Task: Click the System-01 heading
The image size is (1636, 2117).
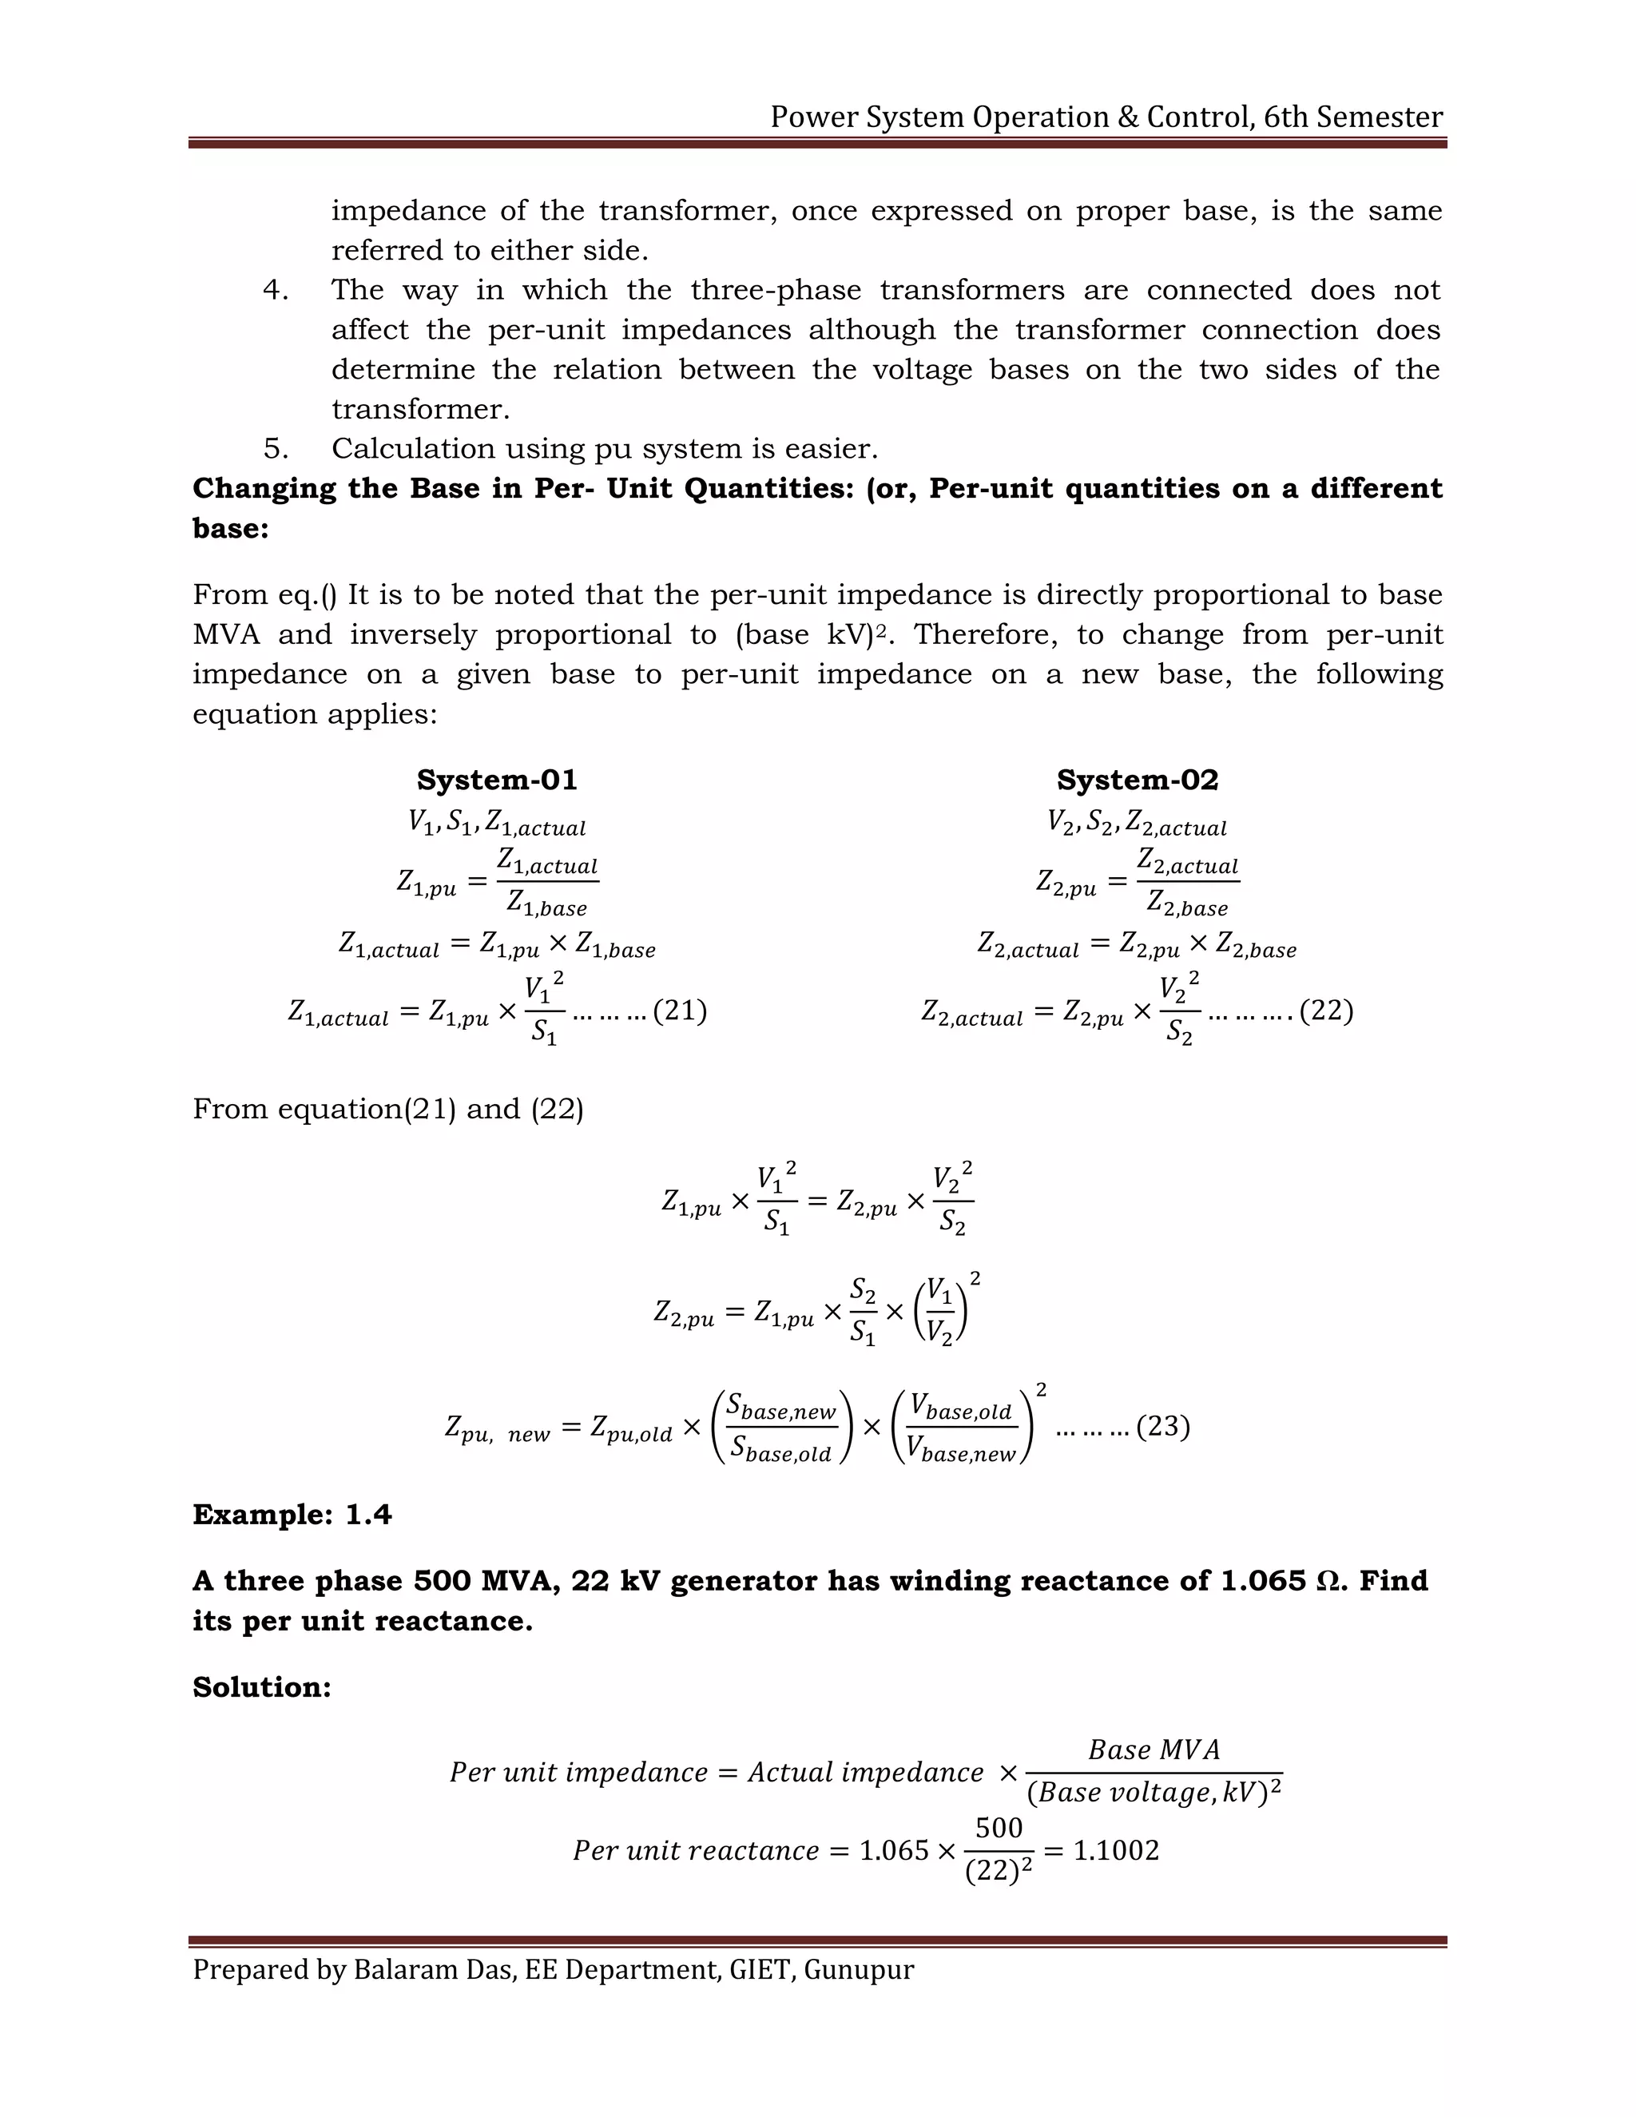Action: [x=496, y=780]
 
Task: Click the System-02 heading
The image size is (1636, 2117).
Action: [x=1137, y=780]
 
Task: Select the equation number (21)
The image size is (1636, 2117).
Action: [x=680, y=1011]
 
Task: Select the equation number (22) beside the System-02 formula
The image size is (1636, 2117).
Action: [x=1326, y=1011]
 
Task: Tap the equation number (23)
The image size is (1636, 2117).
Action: [x=1163, y=1427]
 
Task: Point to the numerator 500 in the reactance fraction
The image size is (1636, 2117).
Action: [x=999, y=1828]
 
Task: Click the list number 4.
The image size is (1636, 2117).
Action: [x=276, y=290]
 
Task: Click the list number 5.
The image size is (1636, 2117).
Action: [x=276, y=449]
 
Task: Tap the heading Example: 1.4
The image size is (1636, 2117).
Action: [x=292, y=1515]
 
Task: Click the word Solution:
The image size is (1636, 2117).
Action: [x=262, y=1687]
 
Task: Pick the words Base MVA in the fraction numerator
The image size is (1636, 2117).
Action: [x=1154, y=1750]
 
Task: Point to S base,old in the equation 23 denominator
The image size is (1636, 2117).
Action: [x=780, y=1450]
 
